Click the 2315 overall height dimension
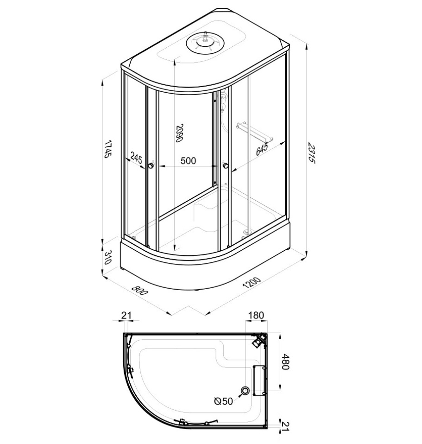point(311,153)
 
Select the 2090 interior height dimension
point(179,133)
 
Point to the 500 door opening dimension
point(188,161)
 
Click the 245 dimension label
point(137,158)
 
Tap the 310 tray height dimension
point(107,257)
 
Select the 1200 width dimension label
point(252,283)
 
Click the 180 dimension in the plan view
point(256,315)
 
